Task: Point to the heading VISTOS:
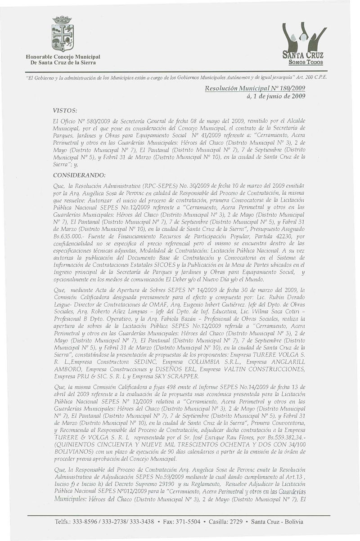65,109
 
